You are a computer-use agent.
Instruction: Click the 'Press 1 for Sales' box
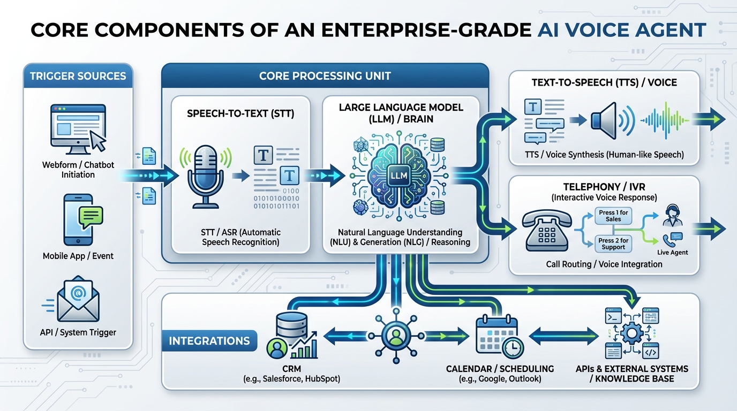click(613, 216)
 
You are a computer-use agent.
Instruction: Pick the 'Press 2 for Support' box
click(613, 244)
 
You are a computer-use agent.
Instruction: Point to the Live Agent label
click(672, 252)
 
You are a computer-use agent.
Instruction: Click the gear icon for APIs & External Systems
click(631, 333)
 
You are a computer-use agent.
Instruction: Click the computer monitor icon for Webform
click(78, 127)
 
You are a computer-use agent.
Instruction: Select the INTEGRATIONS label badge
click(209, 341)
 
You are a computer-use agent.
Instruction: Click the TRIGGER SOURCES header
click(78, 75)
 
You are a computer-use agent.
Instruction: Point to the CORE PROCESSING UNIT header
click(325, 75)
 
